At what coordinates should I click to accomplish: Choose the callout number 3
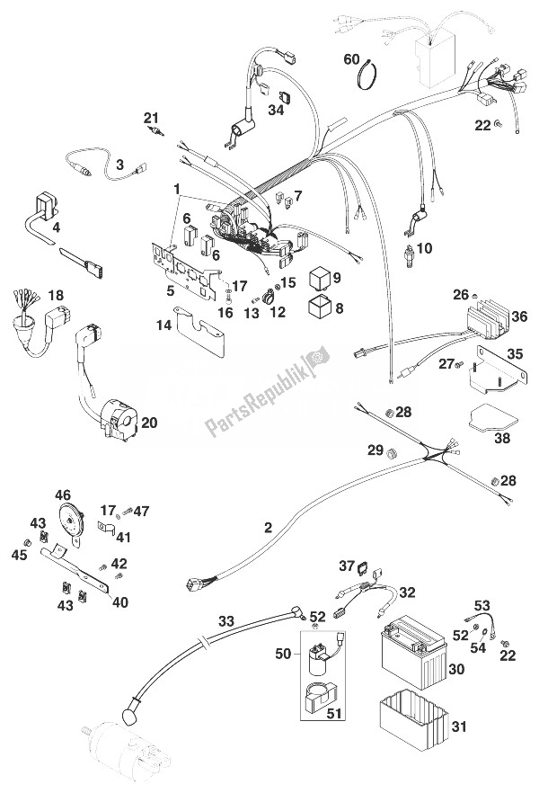pos(119,165)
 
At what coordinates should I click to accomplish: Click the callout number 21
pos(151,117)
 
